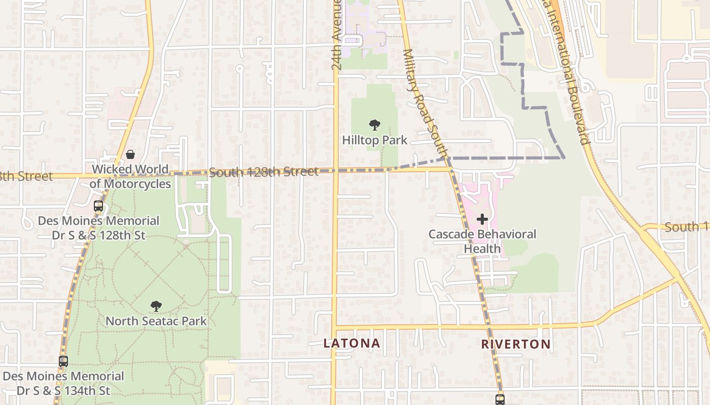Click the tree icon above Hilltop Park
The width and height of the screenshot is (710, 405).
375,125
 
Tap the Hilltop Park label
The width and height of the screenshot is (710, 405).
375,140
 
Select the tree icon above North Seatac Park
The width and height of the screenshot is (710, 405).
156,306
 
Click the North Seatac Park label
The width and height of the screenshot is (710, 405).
156,321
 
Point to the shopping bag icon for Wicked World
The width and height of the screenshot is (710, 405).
130,154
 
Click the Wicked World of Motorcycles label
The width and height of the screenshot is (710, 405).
130,176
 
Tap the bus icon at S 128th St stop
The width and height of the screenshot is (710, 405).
98,206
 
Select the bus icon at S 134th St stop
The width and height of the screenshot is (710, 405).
63,361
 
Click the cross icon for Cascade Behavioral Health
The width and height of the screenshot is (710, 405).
482,219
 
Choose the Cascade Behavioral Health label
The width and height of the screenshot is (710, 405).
482,241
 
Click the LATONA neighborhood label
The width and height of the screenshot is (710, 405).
351,343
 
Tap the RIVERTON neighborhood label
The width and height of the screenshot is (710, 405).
516,344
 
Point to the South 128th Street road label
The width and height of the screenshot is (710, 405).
264,173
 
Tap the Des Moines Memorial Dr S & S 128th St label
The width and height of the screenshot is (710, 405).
98,228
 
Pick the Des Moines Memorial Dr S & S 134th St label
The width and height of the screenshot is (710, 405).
63,383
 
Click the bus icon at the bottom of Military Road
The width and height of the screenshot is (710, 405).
500,399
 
